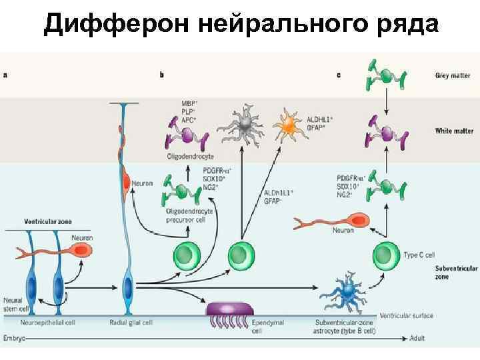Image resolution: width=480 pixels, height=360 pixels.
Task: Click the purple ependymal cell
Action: [x=231, y=309]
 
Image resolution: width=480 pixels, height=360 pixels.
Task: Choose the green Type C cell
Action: [x=384, y=254]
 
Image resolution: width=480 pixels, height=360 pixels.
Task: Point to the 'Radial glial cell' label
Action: [x=131, y=322]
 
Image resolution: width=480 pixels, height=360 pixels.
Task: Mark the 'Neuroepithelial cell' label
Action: [x=57, y=322]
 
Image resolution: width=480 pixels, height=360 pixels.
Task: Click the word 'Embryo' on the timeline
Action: [x=15, y=339]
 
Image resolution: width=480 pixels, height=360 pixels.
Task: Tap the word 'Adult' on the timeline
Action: [x=418, y=339]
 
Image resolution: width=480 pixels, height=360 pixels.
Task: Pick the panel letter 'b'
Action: [x=162, y=75]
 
